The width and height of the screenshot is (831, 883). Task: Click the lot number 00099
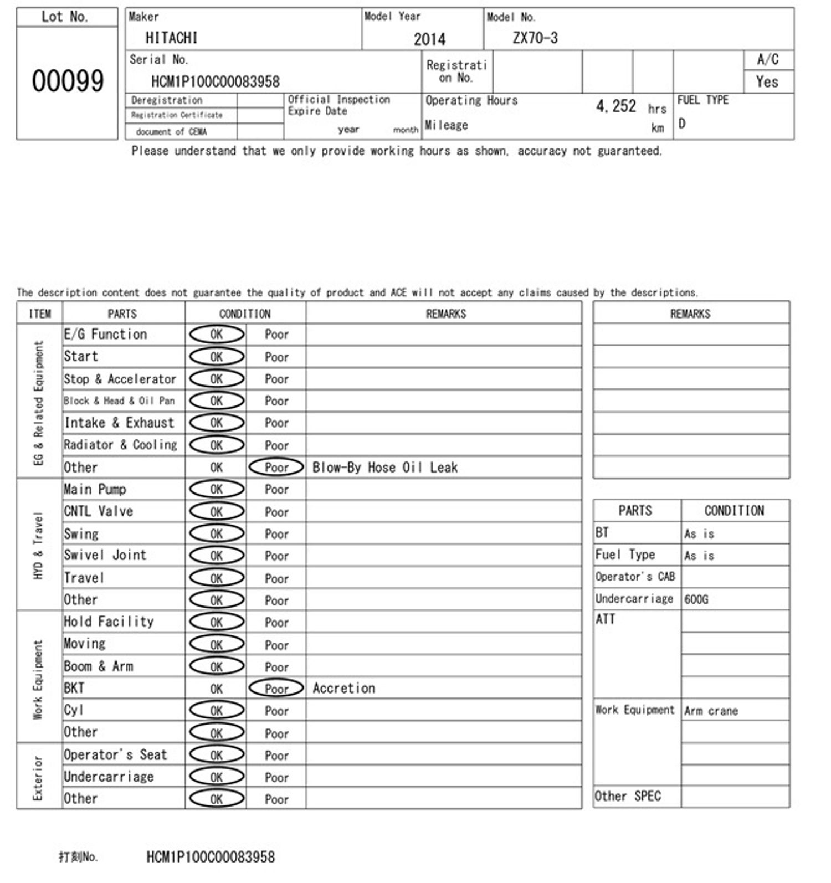point(68,81)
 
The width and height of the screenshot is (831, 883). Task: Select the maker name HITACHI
point(171,38)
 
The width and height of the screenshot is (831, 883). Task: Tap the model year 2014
point(429,39)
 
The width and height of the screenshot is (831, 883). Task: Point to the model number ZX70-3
point(535,38)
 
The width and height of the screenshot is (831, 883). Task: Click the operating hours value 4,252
point(615,106)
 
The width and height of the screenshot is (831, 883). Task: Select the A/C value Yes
point(767,82)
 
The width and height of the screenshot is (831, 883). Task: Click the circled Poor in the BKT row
point(276,688)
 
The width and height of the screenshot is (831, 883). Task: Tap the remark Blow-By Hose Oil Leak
point(385,468)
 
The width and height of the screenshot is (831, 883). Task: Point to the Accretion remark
point(343,688)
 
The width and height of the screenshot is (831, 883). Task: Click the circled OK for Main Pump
point(217,489)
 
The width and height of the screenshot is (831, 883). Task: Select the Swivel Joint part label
point(105,555)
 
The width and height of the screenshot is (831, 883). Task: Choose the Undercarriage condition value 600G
point(696,599)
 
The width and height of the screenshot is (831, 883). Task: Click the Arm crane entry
point(711,711)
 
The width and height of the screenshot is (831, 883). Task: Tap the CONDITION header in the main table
point(245,314)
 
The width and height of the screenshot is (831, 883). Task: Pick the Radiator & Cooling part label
point(120,445)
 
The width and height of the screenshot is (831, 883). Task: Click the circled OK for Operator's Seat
point(217,755)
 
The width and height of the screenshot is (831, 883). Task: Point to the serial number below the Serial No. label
point(215,82)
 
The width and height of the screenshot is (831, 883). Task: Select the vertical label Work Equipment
point(38,679)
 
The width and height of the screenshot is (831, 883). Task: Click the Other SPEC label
point(628,797)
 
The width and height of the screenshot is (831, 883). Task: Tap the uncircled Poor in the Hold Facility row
point(276,623)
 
